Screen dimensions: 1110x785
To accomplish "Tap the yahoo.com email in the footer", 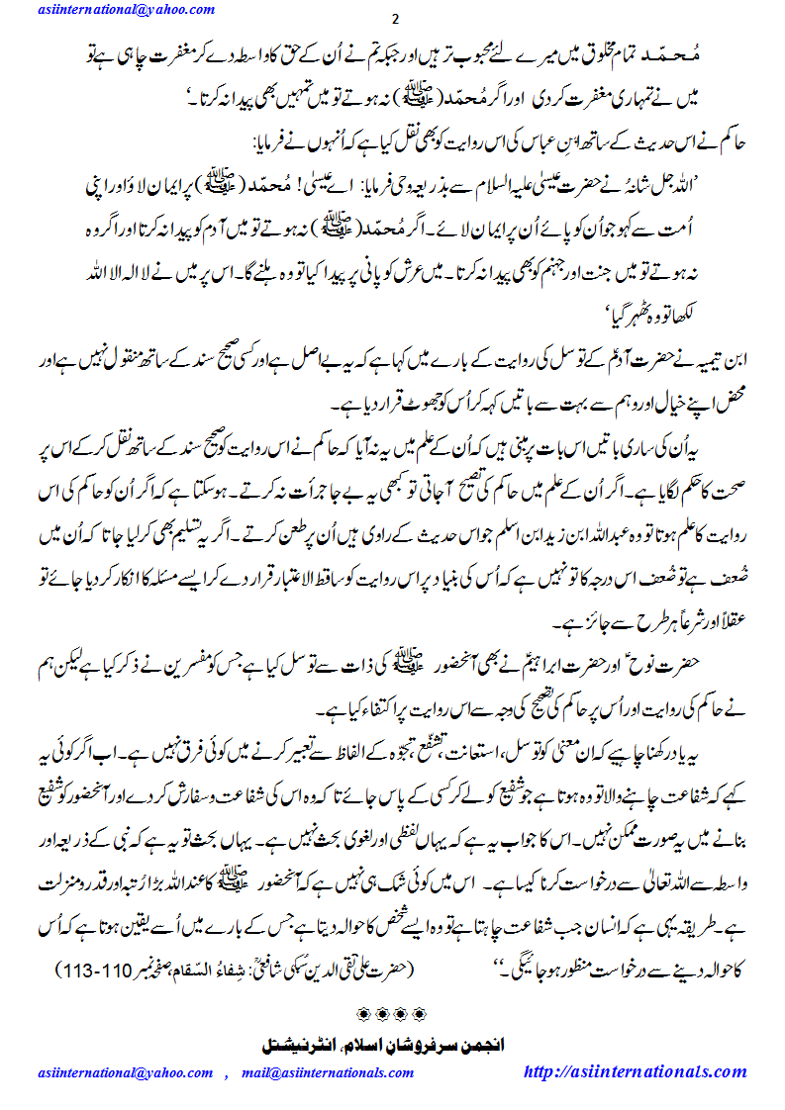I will pyautogui.click(x=127, y=1072).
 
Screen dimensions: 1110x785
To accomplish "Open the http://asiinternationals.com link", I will pyautogui.click(x=635, y=1071).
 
